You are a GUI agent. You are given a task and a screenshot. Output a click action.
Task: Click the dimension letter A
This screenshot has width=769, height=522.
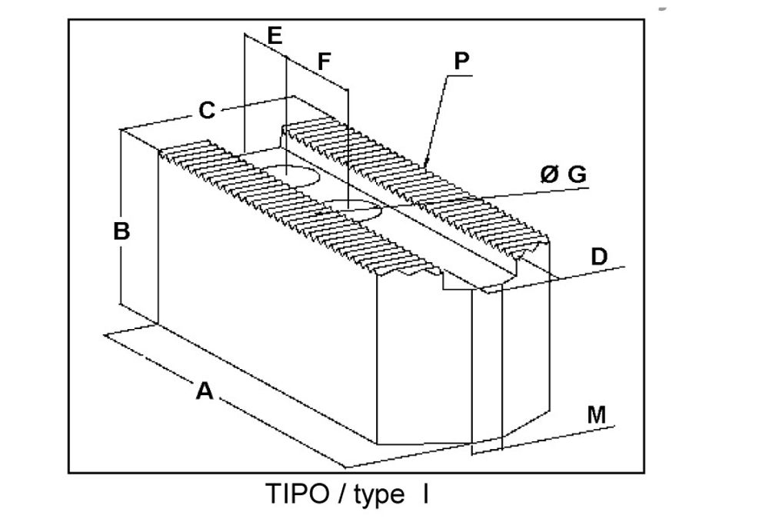point(205,391)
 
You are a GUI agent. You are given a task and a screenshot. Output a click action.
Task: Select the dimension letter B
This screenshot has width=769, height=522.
point(122,231)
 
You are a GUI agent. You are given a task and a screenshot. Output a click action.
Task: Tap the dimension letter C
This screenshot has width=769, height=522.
point(207,110)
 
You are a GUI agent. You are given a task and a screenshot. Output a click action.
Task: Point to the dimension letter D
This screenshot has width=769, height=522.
point(599,256)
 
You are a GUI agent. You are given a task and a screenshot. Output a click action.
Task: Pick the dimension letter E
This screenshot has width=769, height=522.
point(275,36)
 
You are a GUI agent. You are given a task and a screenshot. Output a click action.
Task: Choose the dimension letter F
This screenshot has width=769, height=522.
point(324,62)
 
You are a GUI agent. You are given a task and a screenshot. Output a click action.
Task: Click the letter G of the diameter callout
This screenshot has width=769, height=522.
point(577,174)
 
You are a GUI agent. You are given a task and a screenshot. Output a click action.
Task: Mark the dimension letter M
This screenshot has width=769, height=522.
point(597,414)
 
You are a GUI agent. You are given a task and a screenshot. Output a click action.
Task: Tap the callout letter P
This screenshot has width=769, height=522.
point(461,61)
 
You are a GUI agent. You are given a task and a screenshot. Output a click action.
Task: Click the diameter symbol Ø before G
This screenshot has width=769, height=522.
point(549,174)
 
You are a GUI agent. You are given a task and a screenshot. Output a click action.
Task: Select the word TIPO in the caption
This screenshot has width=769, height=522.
point(298,494)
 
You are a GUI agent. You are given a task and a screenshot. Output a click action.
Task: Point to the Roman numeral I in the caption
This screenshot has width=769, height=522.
point(426,494)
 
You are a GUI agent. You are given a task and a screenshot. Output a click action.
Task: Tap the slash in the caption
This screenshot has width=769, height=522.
point(342,494)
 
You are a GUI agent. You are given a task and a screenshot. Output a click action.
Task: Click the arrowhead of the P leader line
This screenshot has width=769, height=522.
point(426,163)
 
